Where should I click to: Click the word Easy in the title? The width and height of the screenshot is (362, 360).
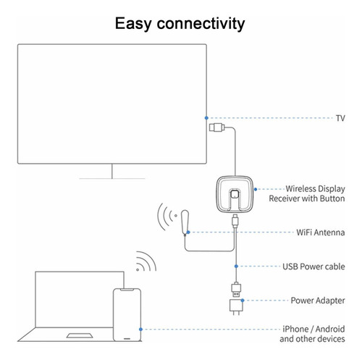click(x=133, y=24)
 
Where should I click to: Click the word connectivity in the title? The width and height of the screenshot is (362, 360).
click(x=201, y=24)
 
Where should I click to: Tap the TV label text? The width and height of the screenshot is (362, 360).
click(x=340, y=118)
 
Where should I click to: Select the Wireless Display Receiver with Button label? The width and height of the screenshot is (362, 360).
click(x=307, y=193)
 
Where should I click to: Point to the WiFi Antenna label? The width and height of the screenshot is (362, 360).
click(x=321, y=233)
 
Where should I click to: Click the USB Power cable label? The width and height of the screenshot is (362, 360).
click(x=313, y=267)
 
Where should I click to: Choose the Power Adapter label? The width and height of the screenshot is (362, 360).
click(x=318, y=301)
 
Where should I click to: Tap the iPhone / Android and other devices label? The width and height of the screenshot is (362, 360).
click(x=312, y=334)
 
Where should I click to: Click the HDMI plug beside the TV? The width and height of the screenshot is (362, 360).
click(x=216, y=127)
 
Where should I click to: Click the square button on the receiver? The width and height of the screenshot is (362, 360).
click(x=234, y=194)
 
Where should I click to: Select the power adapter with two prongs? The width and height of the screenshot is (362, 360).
click(x=236, y=307)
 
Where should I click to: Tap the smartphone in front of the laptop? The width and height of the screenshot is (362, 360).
click(x=127, y=314)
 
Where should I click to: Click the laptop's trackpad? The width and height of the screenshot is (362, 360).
click(x=80, y=335)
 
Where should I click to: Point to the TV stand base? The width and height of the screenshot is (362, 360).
click(x=112, y=178)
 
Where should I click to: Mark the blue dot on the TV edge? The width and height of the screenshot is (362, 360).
click(x=206, y=118)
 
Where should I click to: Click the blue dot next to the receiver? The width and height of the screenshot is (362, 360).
click(x=256, y=189)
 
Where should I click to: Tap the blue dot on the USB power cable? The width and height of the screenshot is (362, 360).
click(x=236, y=266)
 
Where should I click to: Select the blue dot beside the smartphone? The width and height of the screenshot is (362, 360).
click(x=140, y=330)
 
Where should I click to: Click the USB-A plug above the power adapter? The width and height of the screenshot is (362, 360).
click(x=236, y=290)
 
